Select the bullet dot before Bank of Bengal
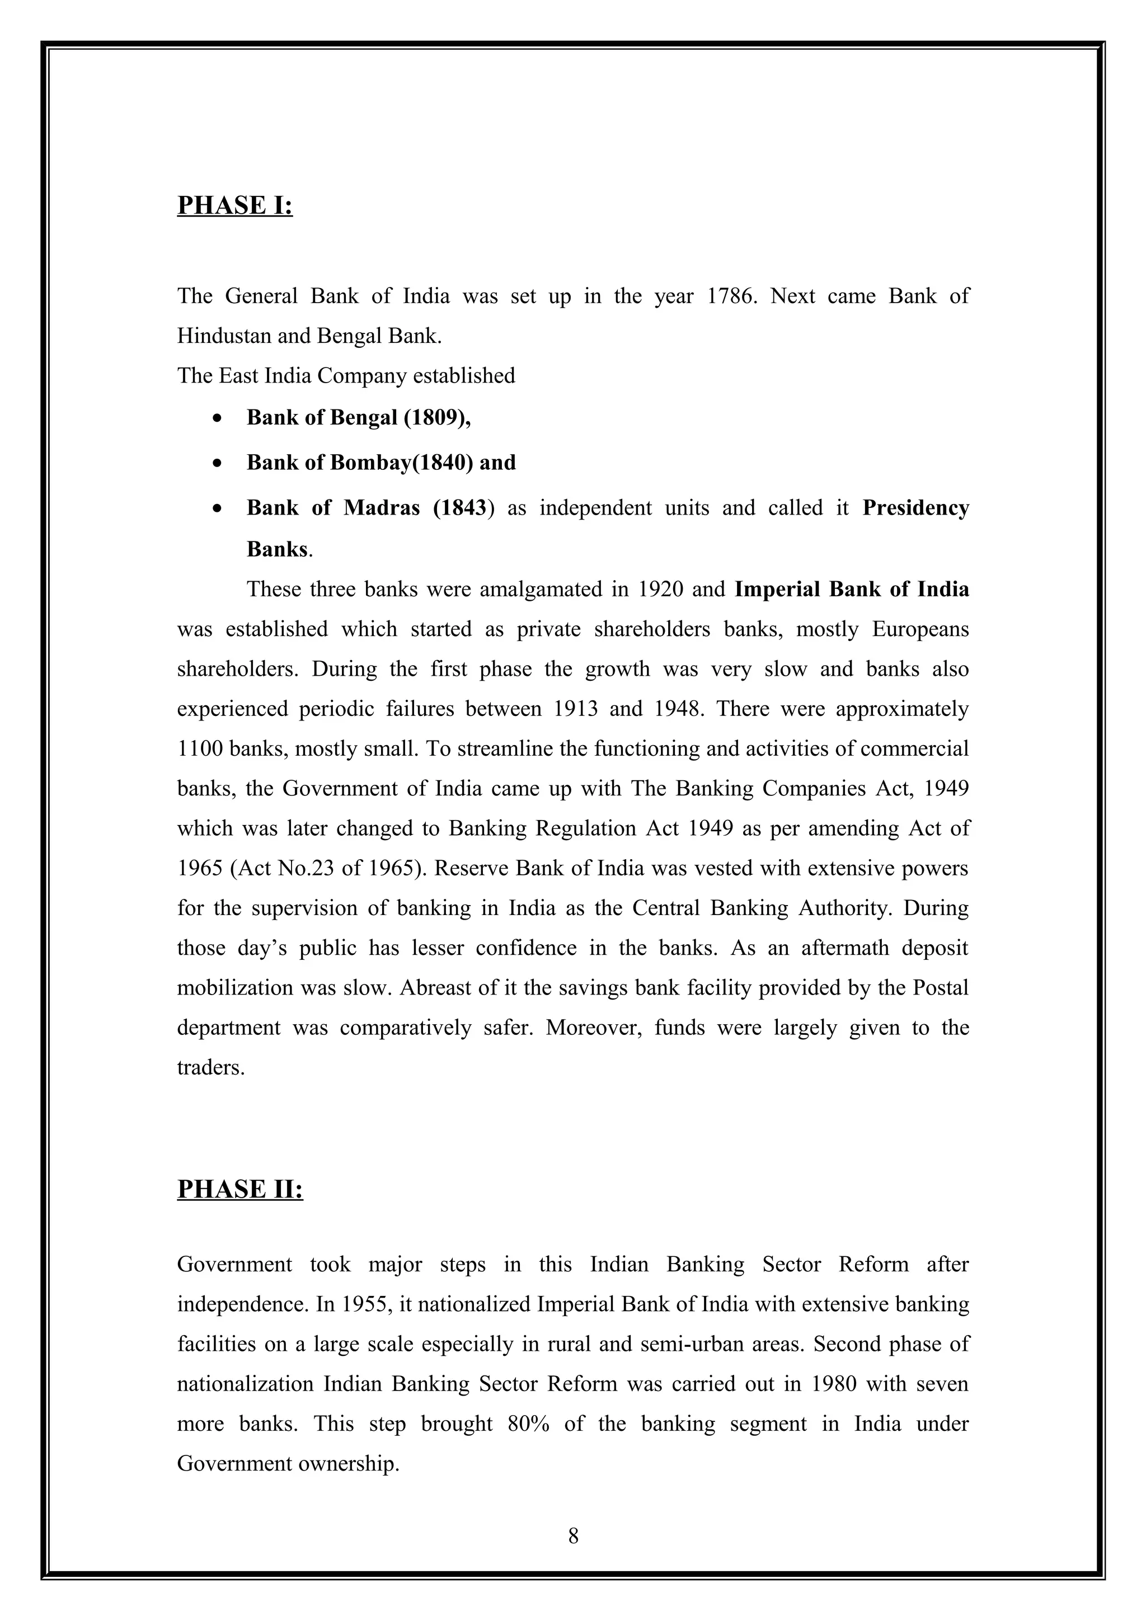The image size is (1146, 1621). click(218, 418)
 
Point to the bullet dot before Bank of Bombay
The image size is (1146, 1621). click(218, 464)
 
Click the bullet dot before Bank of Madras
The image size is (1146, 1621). click(218, 509)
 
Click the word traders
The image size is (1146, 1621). click(210, 1067)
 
